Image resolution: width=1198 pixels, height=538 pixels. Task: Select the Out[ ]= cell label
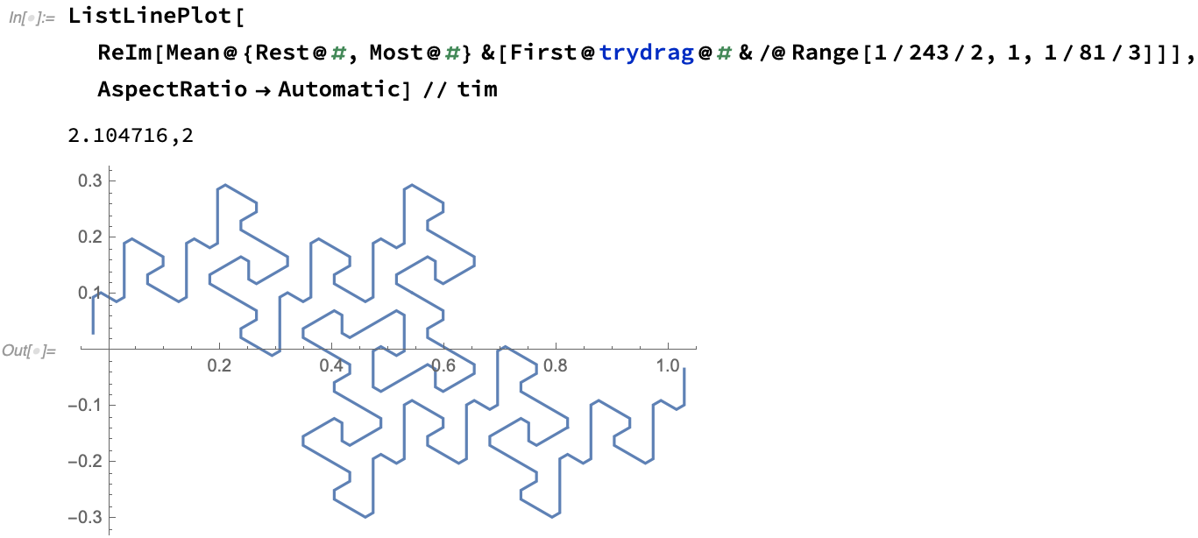[29, 351]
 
